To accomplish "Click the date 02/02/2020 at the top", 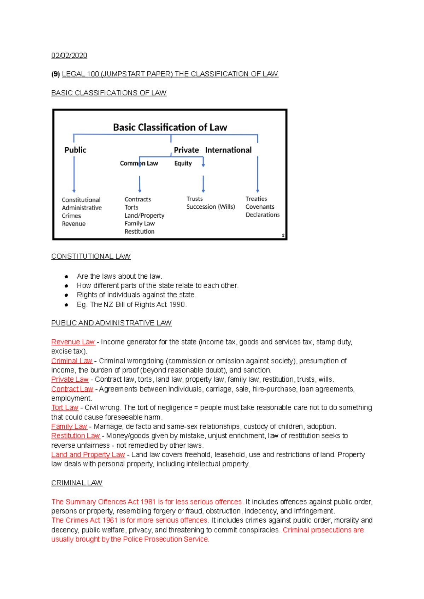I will (69, 55).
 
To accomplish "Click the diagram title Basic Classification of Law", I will (170, 127).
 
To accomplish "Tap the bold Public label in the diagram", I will (75, 150).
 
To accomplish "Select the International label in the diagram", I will (228, 150).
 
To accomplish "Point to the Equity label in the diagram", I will (183, 163).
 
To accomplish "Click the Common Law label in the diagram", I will (139, 163).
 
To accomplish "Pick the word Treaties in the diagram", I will (256, 199).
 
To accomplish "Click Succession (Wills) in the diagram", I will (211, 207).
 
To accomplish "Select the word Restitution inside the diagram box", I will (140, 231).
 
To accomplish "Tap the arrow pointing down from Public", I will (74, 175).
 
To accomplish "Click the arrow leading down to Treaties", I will (258, 175).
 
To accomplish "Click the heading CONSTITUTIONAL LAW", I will (91, 256).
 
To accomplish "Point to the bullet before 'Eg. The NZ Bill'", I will (66, 305).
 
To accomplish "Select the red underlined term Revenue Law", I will (73, 342).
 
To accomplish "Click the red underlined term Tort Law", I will (65, 407).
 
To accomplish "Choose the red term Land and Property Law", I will (88, 455).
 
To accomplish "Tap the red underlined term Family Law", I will (69, 426).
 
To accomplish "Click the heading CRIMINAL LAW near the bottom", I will (77, 483).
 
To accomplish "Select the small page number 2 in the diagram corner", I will (283, 235).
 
